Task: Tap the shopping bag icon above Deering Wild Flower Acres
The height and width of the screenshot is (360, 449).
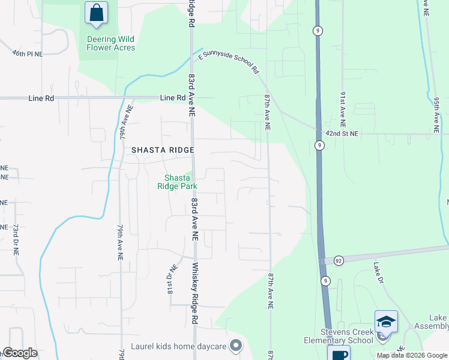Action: click(x=96, y=13)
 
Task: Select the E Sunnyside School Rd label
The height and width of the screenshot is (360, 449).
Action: click(x=229, y=62)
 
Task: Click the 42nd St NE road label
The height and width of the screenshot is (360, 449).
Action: click(x=342, y=134)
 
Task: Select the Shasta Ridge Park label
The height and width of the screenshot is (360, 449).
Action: click(x=178, y=182)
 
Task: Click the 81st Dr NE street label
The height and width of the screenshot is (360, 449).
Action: click(x=170, y=279)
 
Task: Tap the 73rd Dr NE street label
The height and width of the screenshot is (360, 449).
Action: click(x=15, y=240)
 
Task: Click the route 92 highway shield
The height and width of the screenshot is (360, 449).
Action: click(x=339, y=260)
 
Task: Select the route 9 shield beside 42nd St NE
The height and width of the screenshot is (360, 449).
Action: click(x=319, y=145)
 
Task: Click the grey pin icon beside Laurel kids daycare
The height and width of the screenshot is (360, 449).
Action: click(x=236, y=346)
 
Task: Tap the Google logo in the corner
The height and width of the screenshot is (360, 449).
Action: click(x=20, y=352)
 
